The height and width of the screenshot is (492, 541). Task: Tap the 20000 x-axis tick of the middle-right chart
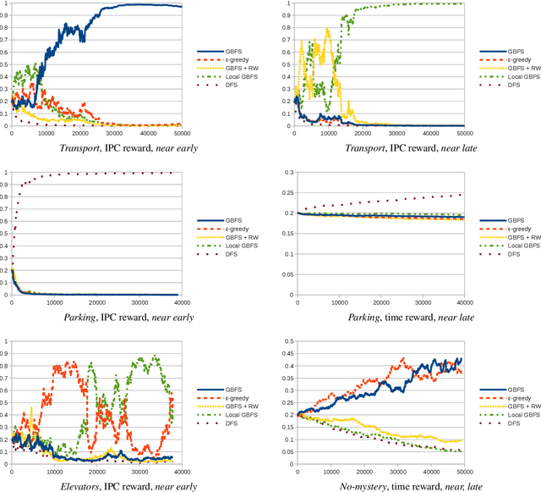[x=380, y=302]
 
